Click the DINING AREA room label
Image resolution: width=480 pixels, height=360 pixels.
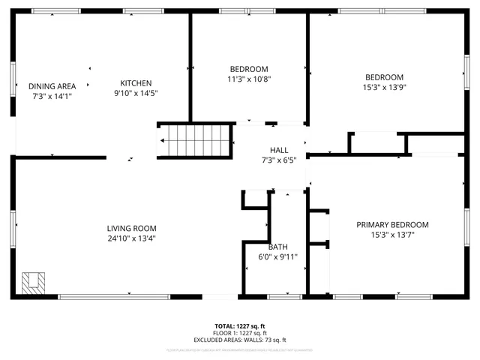[x=53, y=85]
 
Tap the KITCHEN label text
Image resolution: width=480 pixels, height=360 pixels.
[x=136, y=83]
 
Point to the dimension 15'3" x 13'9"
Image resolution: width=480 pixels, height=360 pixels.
[x=384, y=87]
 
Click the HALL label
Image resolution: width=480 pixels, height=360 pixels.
[x=268, y=150]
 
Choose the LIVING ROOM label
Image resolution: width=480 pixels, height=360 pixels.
[x=131, y=229]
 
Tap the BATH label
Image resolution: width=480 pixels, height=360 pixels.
[x=277, y=247]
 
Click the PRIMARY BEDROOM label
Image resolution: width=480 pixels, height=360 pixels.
[x=392, y=225]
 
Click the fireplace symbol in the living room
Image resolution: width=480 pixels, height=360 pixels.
[x=32, y=282]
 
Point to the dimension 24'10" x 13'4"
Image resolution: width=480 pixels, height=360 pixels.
[x=131, y=238]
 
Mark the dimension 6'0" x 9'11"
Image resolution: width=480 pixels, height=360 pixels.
[x=277, y=256]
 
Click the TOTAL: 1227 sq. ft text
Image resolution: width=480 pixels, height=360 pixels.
[x=241, y=326]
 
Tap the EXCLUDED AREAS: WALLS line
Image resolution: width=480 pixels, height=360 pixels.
[x=241, y=340]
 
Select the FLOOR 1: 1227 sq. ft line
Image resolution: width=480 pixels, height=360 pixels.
[x=241, y=333]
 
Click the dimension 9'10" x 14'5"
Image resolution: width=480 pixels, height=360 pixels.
[x=136, y=93]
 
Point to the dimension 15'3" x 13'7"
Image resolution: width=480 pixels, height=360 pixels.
[x=392, y=235]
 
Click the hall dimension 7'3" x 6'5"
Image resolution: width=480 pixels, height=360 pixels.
[x=268, y=160]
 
